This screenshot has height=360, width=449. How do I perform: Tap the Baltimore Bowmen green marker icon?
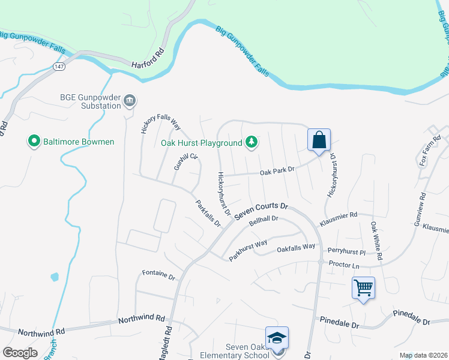pos(35,142)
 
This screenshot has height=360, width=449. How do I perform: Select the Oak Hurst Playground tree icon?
pos(253,142)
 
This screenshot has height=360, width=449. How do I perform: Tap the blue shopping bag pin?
pos(319,141)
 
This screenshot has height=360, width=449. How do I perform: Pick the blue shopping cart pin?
pos(364,289)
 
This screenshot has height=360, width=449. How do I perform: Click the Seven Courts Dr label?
pos(261,210)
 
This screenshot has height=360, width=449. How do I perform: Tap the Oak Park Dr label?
pos(277,171)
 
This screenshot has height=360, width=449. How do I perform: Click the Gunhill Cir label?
pos(185,162)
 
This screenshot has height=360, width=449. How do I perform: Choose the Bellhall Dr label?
pos(264,221)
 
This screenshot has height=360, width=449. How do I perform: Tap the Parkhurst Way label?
pos(247,248)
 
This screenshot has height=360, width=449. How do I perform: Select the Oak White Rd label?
pos(376,241)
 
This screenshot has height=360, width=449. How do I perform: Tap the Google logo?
pos(20,353)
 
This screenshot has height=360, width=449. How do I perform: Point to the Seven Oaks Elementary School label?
pos(247,351)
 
